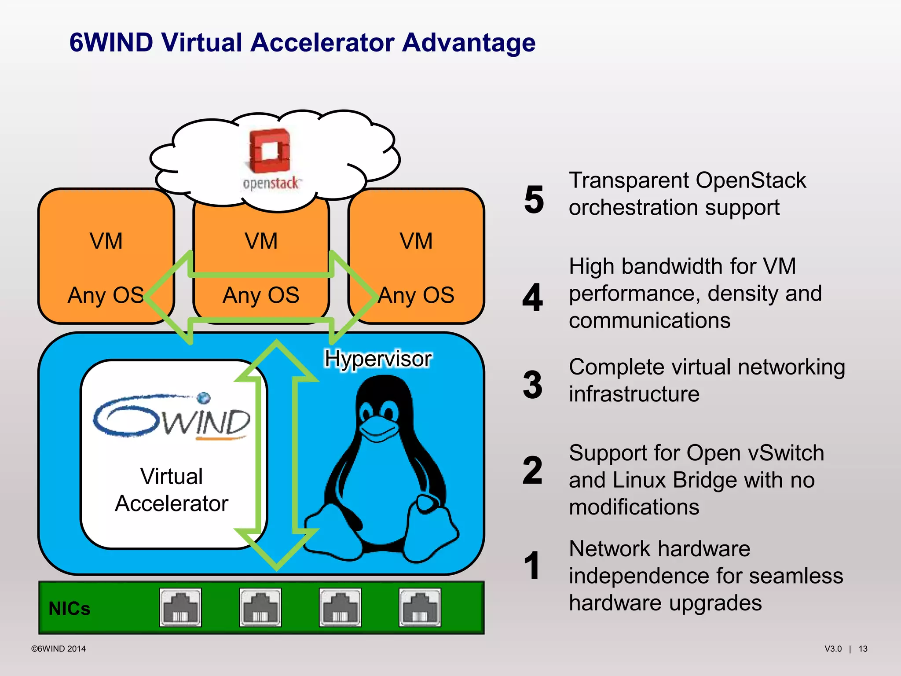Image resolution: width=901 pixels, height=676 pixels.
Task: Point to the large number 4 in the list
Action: [533, 298]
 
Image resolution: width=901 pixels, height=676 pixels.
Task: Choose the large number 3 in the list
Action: [533, 385]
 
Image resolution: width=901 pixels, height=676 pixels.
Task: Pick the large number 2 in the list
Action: [533, 470]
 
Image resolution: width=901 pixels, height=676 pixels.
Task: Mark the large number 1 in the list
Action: [532, 566]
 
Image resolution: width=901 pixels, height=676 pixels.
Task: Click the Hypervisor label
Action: [377, 359]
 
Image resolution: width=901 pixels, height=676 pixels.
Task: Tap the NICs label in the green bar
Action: [69, 609]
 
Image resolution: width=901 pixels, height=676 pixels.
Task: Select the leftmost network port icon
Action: [180, 607]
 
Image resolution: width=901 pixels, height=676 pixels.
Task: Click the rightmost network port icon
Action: [420, 607]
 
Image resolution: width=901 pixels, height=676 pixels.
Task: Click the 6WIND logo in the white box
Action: [172, 416]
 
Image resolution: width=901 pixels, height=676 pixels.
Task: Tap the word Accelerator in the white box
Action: [172, 503]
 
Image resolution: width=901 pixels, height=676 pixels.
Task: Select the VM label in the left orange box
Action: [106, 241]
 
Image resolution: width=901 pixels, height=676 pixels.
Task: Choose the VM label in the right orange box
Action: [416, 241]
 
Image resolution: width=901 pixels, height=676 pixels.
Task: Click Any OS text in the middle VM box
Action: [261, 295]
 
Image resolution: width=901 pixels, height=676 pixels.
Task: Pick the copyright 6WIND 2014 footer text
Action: [58, 649]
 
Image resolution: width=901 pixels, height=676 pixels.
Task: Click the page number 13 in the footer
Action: [863, 649]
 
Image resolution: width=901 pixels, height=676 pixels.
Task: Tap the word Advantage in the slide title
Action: [469, 43]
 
